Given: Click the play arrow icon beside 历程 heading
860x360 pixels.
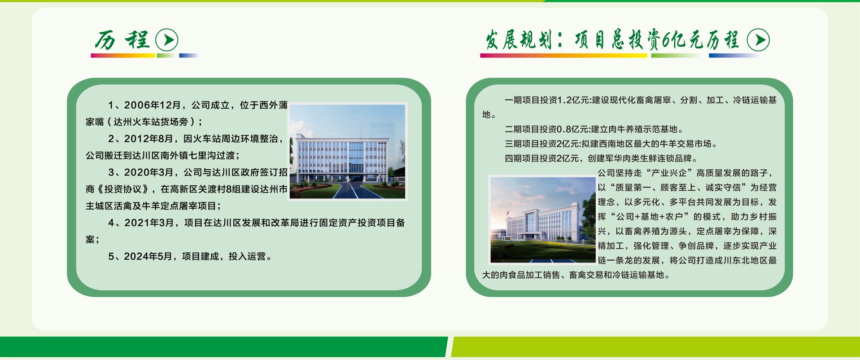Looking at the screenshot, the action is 167,40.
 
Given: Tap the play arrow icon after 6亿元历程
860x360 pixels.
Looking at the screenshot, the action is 758,40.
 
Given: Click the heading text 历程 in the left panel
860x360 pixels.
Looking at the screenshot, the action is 122,40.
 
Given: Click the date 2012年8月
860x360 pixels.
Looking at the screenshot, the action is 148,139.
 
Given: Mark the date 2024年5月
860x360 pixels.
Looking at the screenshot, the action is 148,256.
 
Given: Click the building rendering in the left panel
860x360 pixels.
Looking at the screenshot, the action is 347,152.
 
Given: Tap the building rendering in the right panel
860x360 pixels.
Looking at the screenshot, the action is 542,220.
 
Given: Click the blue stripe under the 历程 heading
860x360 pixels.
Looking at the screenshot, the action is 188,56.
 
